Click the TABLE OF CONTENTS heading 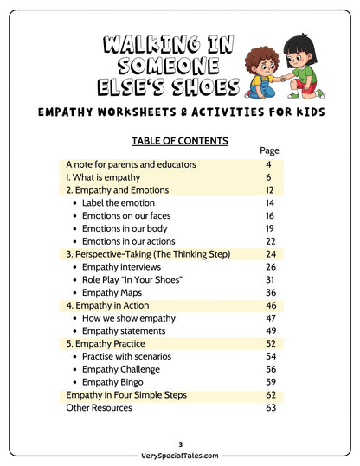180,141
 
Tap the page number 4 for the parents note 269,164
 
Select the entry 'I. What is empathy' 103,177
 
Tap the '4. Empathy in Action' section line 107,305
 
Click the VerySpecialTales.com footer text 180,455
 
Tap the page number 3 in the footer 180,444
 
